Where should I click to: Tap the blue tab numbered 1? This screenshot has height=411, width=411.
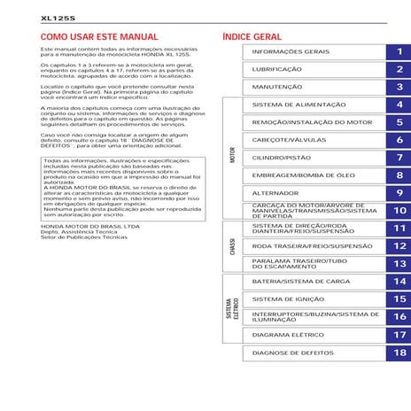click(399, 52)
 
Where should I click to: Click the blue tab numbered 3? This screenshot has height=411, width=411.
click(399, 87)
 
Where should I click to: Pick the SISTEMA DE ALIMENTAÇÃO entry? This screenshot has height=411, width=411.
click(293, 105)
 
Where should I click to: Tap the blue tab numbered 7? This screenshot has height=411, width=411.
click(399, 158)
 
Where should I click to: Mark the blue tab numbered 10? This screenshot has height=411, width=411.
click(399, 211)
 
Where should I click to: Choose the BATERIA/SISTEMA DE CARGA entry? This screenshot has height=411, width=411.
click(295, 281)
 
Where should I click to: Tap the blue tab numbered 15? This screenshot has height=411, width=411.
click(399, 299)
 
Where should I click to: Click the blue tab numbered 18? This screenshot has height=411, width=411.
click(399, 353)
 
